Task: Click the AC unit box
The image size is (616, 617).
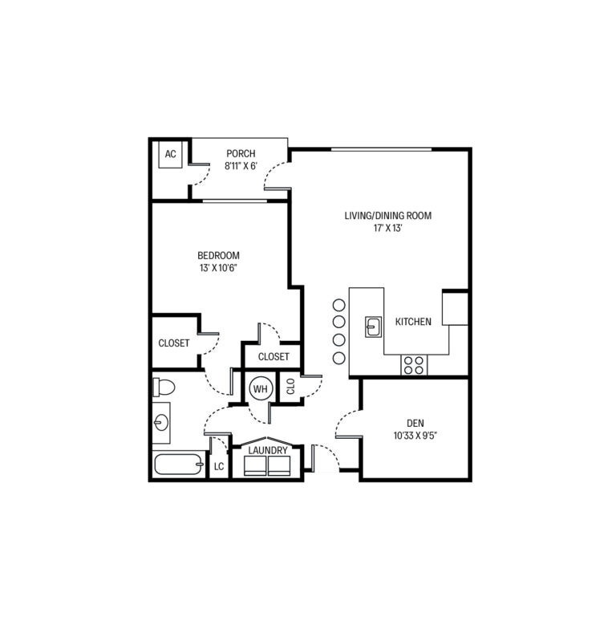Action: (170, 155)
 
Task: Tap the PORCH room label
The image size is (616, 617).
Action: (241, 154)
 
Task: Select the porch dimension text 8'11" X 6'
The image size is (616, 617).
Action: (241, 168)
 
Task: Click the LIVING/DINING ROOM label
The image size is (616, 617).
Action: (388, 215)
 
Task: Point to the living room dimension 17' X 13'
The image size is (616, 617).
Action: (388, 229)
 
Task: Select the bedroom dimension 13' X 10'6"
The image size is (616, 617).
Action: (219, 269)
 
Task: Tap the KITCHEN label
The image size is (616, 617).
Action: (413, 322)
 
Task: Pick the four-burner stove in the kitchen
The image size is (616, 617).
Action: (414, 365)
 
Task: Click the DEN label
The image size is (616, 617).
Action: (415, 423)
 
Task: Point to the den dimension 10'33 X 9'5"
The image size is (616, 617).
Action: (415, 436)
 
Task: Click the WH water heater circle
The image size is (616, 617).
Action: (260, 388)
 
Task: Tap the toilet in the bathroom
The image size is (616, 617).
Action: (163, 388)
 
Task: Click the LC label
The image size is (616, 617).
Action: (219, 466)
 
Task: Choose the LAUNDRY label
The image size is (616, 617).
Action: (268, 451)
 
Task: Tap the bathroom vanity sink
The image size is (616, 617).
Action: (160, 421)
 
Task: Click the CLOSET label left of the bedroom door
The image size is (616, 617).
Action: (174, 343)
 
